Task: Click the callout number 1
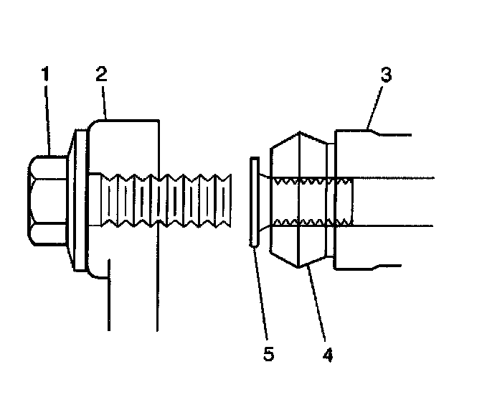click(x=45, y=74)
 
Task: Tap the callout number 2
click(x=101, y=74)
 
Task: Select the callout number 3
click(x=385, y=75)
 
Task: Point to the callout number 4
click(x=328, y=353)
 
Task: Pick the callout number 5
click(x=268, y=353)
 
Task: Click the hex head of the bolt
click(x=47, y=200)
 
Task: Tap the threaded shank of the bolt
click(x=165, y=200)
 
